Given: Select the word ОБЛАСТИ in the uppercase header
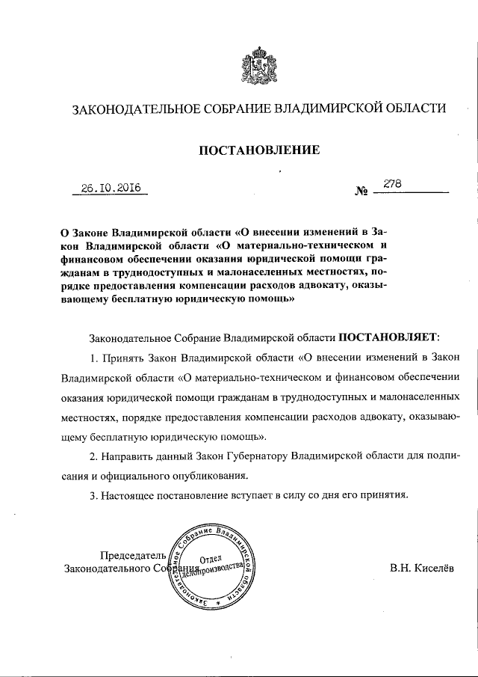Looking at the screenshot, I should pos(414,108).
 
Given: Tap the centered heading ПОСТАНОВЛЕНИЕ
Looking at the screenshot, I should pos(258,150).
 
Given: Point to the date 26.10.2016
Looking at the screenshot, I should pos(111,188).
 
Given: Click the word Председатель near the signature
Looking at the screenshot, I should pos(130,554).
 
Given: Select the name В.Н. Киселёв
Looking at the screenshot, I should pos(420,568).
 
